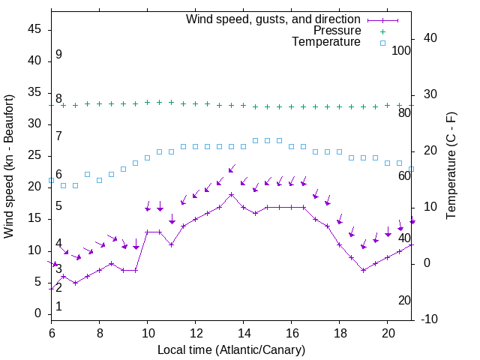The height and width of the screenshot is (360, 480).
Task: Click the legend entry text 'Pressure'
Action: click(337, 31)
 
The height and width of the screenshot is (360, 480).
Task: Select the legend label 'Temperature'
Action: click(326, 42)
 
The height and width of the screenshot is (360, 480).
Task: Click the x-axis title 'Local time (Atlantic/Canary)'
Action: click(231, 350)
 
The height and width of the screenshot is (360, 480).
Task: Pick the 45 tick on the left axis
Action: click(35, 29)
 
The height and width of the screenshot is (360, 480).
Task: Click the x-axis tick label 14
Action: click(243, 332)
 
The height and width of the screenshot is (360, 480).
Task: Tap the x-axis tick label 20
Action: click(388, 332)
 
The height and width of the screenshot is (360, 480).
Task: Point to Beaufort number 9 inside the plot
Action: click(58, 55)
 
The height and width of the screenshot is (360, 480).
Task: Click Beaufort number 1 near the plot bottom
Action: click(58, 307)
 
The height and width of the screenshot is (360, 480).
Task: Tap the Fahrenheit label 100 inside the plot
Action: click(401, 50)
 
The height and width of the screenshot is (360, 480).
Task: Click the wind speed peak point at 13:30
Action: click(232, 194)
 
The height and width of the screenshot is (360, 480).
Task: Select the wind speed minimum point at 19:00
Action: click(364, 270)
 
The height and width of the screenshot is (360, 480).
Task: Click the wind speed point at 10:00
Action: click(148, 232)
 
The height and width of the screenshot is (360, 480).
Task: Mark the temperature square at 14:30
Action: click(256, 140)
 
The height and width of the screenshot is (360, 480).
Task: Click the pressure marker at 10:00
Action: click(148, 102)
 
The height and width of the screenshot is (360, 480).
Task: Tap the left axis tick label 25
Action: click(35, 155)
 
